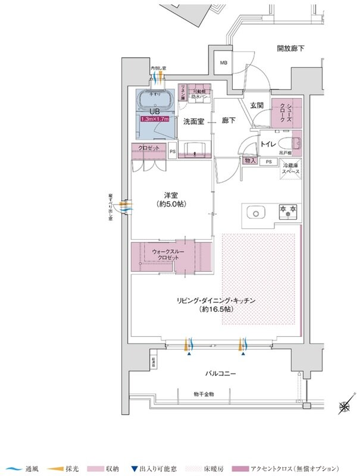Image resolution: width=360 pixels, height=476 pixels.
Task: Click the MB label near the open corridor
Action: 224,62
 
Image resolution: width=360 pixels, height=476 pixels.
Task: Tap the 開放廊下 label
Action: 293,48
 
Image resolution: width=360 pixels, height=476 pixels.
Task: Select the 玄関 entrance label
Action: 256,105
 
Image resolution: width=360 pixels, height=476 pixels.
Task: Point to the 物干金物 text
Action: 204,394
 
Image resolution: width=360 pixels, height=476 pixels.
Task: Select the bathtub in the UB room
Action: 154,99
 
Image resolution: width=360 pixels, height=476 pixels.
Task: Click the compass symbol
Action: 344,408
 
